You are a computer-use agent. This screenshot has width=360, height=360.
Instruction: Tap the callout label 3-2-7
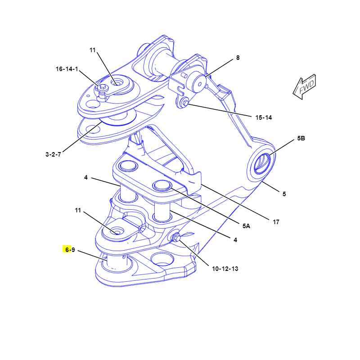point(54,154)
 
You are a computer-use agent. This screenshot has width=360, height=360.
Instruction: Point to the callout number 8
point(238,58)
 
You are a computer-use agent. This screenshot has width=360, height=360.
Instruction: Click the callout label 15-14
point(264,117)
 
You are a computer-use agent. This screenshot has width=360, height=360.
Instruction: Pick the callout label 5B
point(301,139)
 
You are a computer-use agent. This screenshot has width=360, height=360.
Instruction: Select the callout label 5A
point(246,226)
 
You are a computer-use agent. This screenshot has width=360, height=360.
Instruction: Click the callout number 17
point(276,221)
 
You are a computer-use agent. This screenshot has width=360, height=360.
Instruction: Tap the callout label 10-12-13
point(225,269)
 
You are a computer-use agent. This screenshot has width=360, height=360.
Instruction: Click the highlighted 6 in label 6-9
point(67,250)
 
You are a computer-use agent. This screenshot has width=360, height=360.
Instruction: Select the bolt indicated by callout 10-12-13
point(176,237)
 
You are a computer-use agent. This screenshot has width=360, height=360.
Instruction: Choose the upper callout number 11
point(93,50)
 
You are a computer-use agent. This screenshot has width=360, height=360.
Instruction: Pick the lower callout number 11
point(78,210)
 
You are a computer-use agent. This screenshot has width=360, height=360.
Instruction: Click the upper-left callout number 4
point(85,178)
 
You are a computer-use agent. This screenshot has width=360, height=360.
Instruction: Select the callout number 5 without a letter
point(284,194)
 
